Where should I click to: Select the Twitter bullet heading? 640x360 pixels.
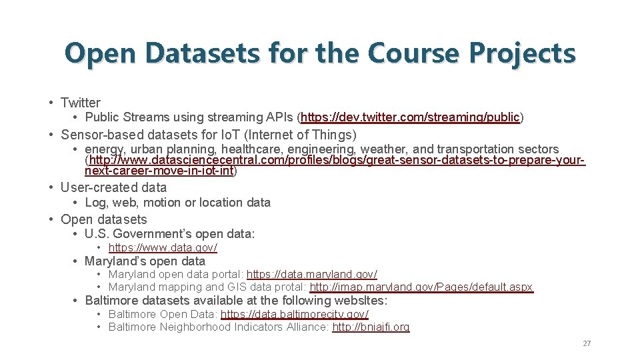(80, 103)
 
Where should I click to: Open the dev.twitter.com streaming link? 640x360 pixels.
(410, 118)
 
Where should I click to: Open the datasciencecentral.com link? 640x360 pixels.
(337, 161)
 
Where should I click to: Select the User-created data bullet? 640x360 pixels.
(113, 187)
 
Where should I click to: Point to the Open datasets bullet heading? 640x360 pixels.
(103, 219)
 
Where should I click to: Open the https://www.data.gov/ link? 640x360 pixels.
(163, 248)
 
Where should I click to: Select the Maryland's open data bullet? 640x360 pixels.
(145, 261)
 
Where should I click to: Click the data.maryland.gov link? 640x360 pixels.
(312, 275)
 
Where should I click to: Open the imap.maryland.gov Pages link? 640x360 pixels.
(421, 287)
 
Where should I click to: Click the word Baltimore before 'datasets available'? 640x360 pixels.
(111, 301)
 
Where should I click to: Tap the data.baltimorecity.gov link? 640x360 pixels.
(294, 314)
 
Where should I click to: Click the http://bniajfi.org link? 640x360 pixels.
(371, 327)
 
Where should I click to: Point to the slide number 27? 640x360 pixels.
(587, 343)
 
